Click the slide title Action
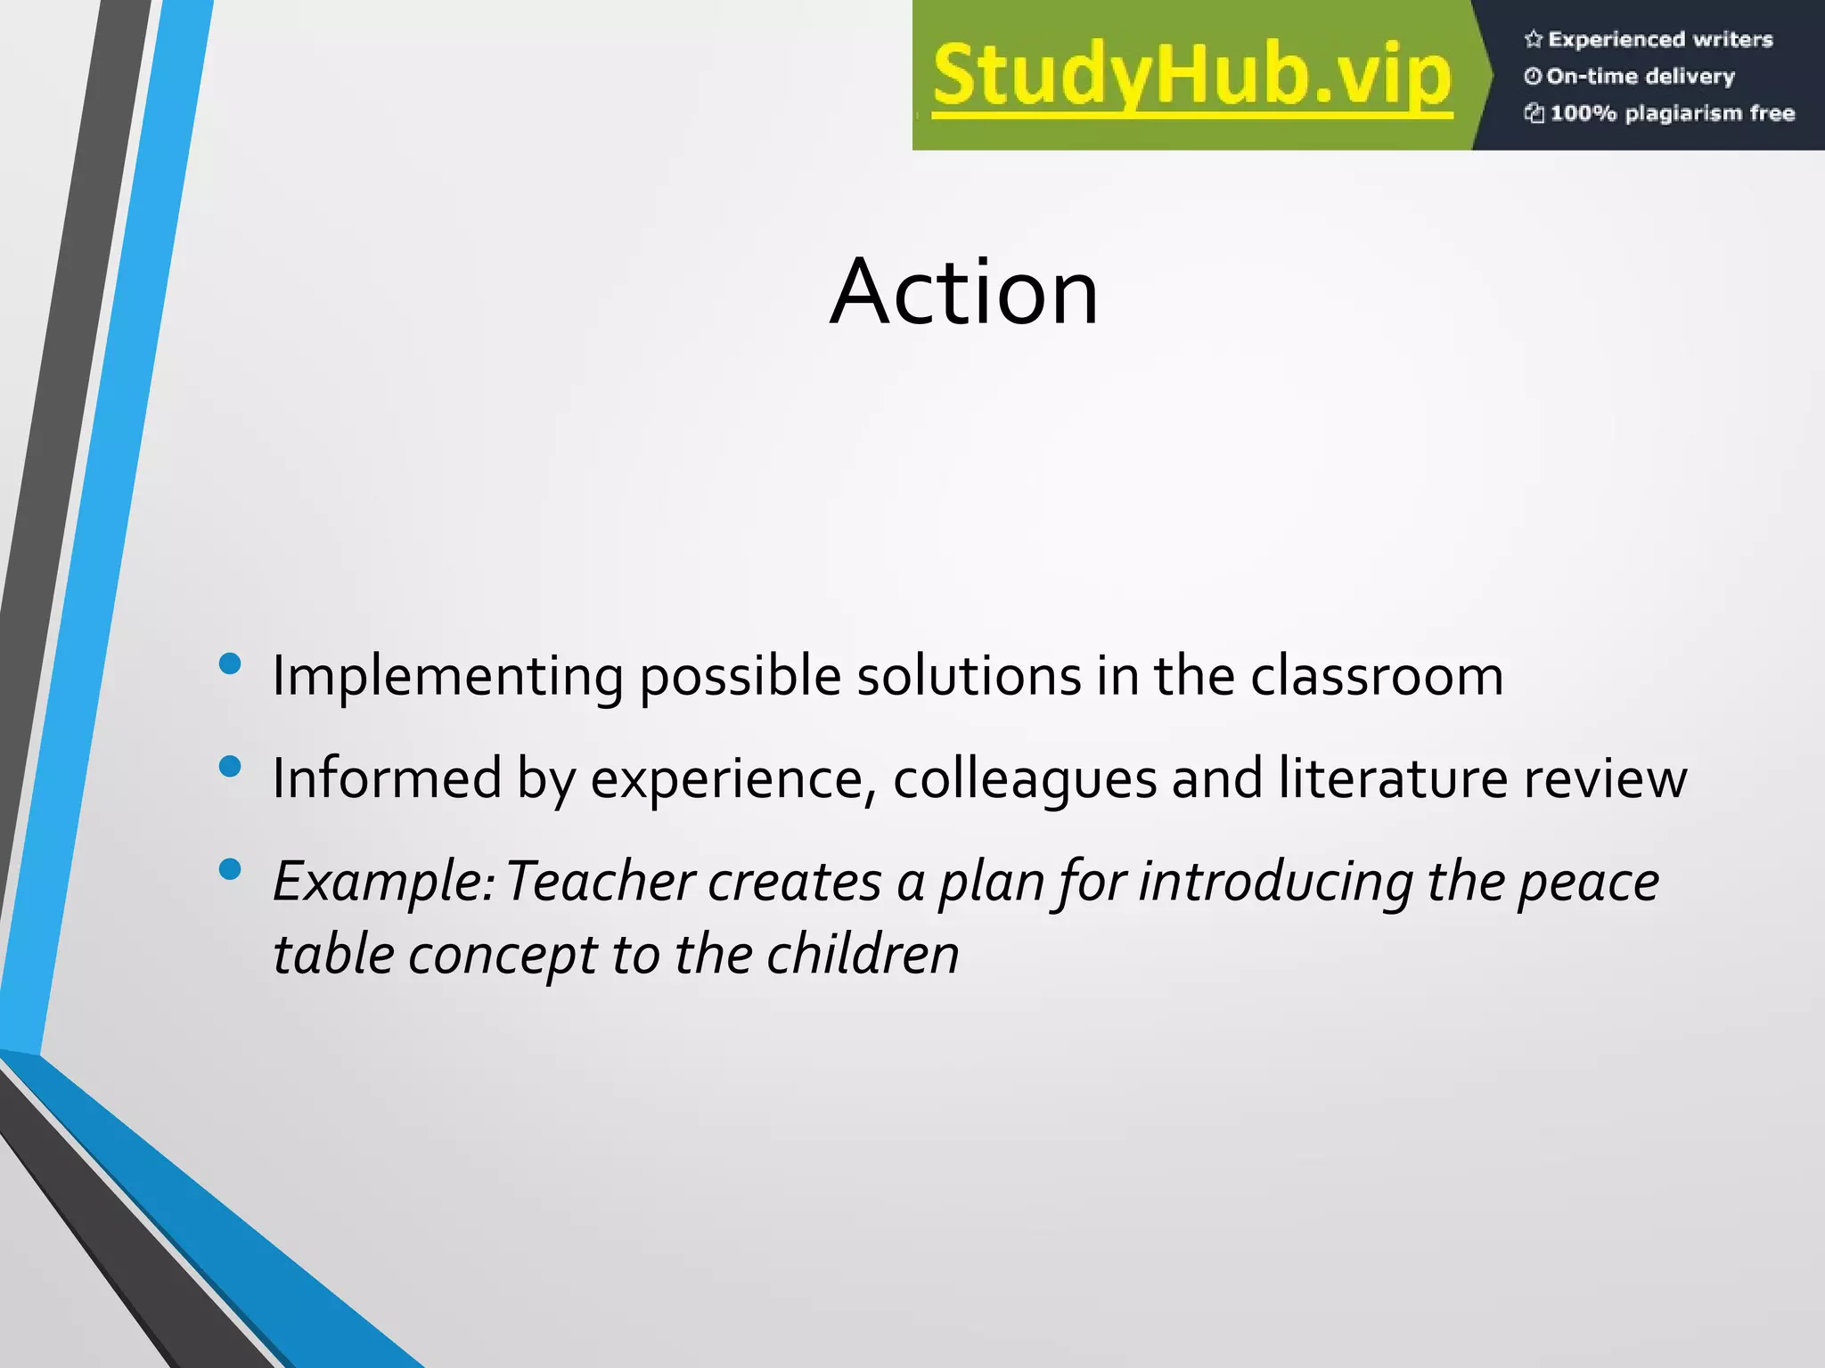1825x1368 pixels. coord(964,292)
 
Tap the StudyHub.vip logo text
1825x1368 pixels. coord(1192,77)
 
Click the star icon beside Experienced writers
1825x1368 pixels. coord(1533,39)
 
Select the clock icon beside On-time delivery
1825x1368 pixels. coord(1533,77)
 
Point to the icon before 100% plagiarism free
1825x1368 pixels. coord(1534,113)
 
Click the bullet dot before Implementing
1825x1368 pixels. coord(230,664)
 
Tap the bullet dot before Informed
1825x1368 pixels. coord(230,767)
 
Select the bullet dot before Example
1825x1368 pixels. coord(230,869)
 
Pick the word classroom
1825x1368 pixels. coord(1377,675)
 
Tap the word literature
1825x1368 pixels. coord(1393,778)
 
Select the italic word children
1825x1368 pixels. coord(863,955)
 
